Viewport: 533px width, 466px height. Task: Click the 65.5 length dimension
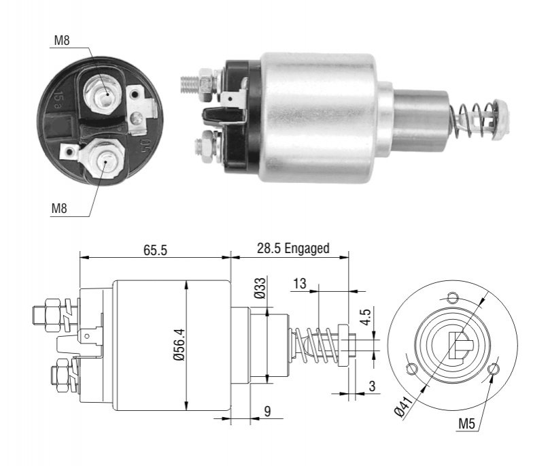155,250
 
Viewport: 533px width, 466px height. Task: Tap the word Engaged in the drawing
307,249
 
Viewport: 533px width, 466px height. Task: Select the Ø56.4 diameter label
179,344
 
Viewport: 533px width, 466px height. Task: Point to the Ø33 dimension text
260,288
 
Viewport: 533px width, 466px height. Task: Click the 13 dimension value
299,283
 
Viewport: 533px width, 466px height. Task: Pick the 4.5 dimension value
366,316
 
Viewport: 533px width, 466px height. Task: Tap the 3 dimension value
373,386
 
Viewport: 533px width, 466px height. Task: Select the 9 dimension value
268,411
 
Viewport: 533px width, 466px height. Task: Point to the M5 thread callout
466,424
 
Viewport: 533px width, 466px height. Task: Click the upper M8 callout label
62,41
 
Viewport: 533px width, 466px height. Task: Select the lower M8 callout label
59,208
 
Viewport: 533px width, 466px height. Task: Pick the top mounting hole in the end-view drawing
453,298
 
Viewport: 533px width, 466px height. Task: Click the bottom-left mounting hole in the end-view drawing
412,369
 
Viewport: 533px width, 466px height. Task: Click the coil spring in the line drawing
315,346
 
